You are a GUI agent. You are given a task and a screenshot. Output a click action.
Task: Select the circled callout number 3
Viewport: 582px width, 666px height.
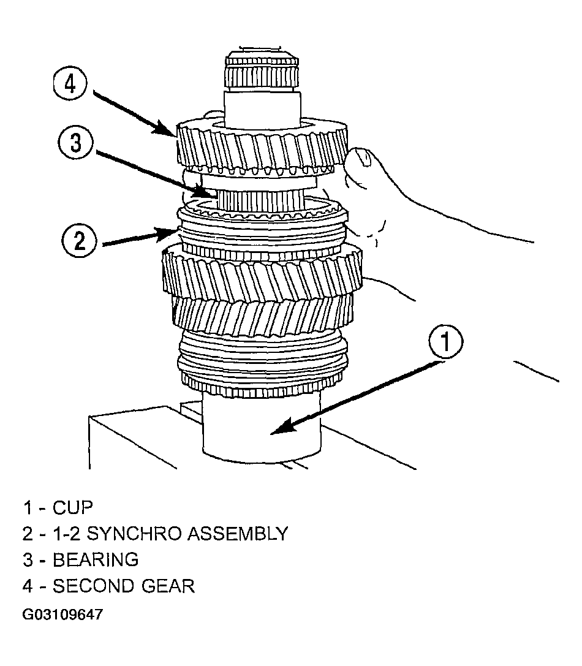point(75,142)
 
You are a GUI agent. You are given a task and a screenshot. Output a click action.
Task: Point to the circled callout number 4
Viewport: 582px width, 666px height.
point(70,83)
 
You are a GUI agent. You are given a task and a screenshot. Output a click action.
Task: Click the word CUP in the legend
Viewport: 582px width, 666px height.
point(72,507)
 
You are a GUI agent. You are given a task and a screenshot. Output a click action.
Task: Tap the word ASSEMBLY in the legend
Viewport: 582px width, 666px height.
point(238,534)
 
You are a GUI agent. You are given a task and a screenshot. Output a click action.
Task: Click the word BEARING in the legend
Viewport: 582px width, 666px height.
point(96,560)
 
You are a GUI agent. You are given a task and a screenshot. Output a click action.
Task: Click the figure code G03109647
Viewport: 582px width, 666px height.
point(62,615)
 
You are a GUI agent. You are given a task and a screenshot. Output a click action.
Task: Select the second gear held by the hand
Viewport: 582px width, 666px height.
point(262,146)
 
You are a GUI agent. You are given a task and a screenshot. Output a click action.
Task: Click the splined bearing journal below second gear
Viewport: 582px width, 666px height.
point(260,200)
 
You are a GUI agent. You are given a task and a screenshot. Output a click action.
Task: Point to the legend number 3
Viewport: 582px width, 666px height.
point(28,560)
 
